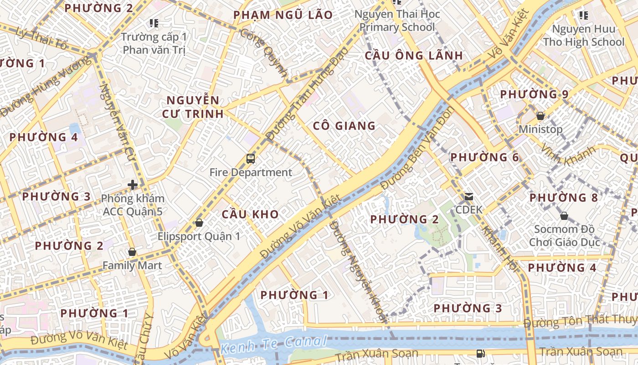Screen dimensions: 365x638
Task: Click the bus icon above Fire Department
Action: [x=251, y=159]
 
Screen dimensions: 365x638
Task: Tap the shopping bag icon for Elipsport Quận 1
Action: [x=199, y=223]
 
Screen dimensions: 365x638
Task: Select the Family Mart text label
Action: [x=132, y=265]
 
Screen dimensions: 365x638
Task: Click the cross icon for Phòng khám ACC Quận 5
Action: [x=133, y=185]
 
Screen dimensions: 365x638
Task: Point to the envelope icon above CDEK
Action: [x=469, y=197]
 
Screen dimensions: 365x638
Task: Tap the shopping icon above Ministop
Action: [x=540, y=116]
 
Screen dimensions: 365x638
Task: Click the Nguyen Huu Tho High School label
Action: [x=583, y=36]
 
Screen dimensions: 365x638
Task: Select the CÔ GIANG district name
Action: [x=345, y=125]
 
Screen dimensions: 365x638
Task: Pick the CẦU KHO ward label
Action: [x=250, y=214]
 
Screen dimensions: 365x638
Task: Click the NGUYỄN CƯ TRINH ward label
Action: [x=193, y=107]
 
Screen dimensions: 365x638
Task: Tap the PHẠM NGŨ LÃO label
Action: [x=283, y=15]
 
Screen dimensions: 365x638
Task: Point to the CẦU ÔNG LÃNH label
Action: [x=414, y=56]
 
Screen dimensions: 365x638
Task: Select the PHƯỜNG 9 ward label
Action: [x=534, y=94]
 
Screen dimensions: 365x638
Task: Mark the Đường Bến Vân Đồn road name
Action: [x=416, y=148]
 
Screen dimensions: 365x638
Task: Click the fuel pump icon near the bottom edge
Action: [x=480, y=353]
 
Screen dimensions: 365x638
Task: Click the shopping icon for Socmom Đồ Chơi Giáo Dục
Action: [x=564, y=216]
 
